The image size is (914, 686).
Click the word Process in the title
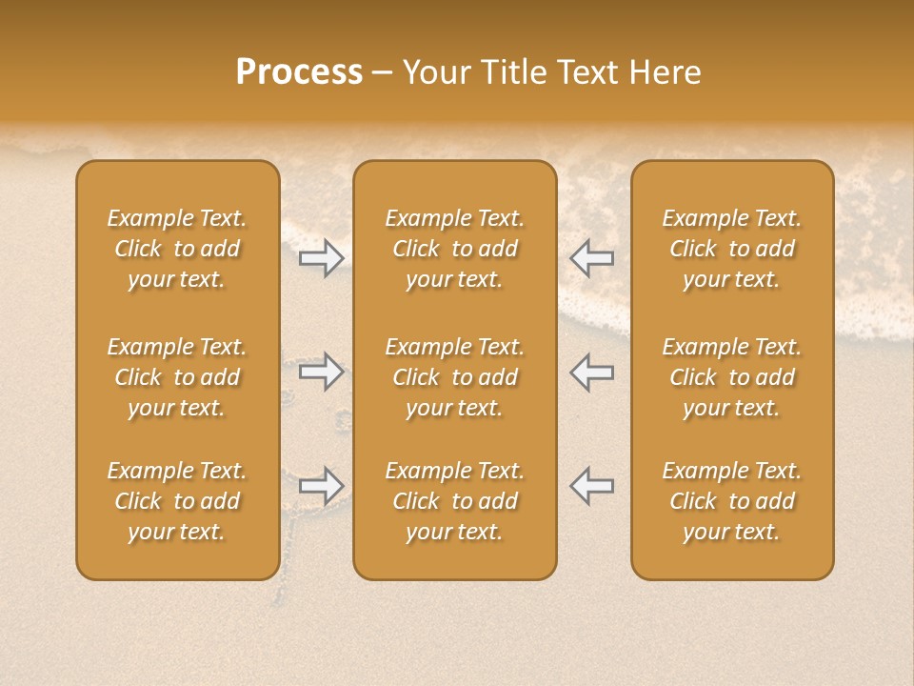[x=299, y=72]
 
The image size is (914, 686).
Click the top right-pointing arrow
[x=321, y=258]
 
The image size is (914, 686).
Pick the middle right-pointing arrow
[x=321, y=372]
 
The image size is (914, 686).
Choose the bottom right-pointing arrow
[x=321, y=486]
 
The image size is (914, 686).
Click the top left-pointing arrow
[x=591, y=258]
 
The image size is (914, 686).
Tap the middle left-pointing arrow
[x=591, y=372]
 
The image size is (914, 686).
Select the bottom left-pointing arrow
[x=591, y=486]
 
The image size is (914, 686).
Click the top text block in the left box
[x=177, y=249]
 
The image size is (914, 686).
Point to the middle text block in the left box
[x=177, y=377]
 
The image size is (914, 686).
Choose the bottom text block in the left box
[x=177, y=501]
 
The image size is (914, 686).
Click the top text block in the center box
[x=454, y=249]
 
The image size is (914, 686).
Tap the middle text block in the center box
[x=454, y=377]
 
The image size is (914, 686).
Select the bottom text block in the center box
[x=454, y=501]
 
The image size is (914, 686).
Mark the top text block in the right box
[x=732, y=249]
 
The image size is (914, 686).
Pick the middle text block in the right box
[x=732, y=377]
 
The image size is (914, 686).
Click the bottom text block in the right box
[x=732, y=501]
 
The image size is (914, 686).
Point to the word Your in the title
[x=433, y=72]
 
